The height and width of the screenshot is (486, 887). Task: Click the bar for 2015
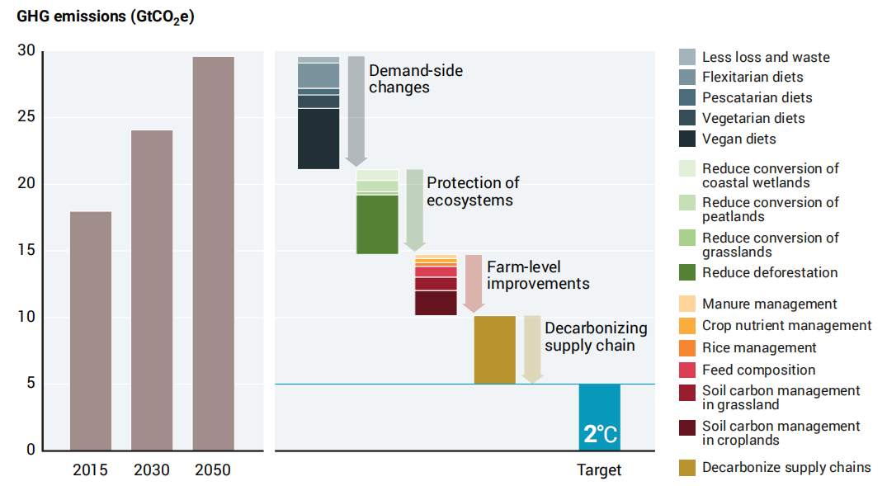point(91,331)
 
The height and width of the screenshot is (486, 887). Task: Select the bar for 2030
point(152,290)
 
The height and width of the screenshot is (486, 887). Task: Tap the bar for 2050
point(213,253)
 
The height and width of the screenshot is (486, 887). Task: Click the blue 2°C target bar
point(600,418)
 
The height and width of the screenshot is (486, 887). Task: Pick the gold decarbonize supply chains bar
point(495,350)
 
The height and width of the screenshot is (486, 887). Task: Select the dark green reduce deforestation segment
point(377,224)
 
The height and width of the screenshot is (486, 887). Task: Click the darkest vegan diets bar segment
point(318,139)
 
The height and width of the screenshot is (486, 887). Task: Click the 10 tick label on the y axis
point(26,317)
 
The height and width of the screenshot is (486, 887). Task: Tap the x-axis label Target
point(599,470)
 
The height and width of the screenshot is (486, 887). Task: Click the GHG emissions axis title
point(106,17)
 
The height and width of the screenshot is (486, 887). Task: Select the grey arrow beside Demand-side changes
point(356,111)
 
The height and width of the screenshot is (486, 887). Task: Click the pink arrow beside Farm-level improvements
point(474,284)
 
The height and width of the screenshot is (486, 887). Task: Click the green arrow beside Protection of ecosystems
point(415,210)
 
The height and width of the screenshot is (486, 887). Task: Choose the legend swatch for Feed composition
point(687,370)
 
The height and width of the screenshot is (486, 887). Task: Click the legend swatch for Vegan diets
point(687,139)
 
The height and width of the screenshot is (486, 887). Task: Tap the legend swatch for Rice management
point(687,348)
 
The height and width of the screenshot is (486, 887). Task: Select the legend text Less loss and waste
point(766,57)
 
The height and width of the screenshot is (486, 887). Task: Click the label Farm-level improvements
point(538,276)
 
